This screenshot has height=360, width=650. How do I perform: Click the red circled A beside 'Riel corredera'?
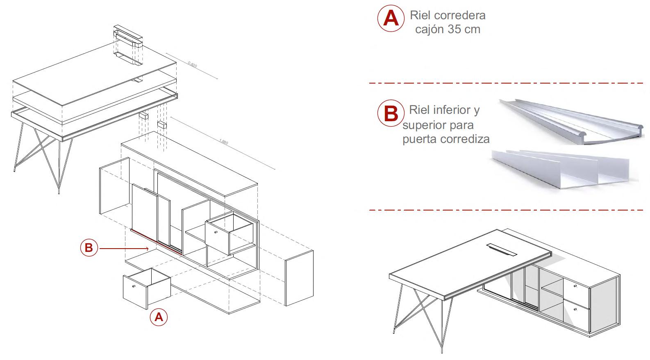[391, 18]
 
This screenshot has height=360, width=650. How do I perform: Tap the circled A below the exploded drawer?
[159, 317]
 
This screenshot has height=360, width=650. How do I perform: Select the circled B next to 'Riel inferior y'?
[390, 113]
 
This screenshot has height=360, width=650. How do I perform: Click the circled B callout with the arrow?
[89, 248]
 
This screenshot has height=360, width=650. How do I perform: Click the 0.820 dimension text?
[192, 65]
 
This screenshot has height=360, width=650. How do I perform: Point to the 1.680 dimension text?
[223, 142]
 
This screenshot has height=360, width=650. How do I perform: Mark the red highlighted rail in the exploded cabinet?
[156, 242]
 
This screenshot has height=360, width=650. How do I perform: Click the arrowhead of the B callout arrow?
[147, 248]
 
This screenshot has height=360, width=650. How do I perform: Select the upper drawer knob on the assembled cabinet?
[575, 286]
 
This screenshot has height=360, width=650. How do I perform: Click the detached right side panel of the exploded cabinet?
[299, 278]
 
